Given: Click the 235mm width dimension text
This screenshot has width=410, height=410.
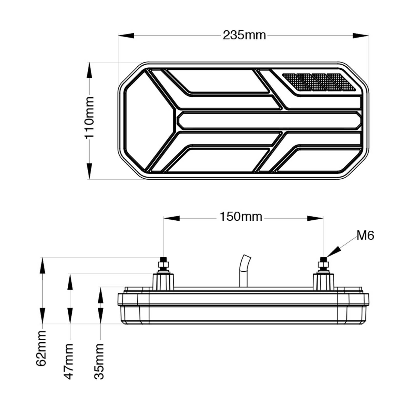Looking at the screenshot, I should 244,35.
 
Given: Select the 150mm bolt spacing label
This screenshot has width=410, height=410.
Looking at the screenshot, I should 241,217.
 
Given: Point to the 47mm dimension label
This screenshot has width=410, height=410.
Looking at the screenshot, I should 69,362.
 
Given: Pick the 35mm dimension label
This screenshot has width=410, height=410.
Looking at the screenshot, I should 99,362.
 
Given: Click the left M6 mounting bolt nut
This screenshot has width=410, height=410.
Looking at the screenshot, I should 163,264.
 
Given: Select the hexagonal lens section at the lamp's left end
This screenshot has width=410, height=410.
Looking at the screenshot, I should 149,120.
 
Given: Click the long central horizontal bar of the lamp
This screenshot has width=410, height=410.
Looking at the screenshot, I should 269,120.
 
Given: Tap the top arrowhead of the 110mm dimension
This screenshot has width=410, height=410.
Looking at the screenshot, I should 89,70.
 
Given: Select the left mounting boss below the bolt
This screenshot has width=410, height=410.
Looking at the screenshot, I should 163,282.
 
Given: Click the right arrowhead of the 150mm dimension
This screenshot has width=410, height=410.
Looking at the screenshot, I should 315,218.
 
